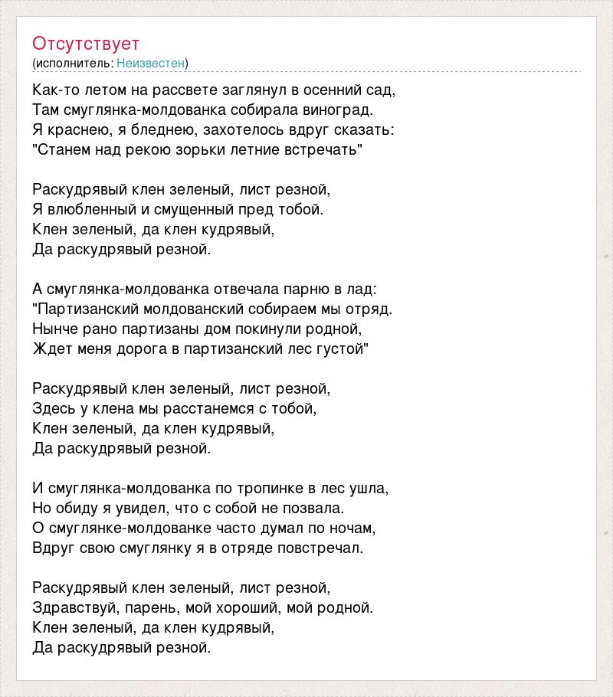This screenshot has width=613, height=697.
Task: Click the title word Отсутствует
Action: pyautogui.click(x=86, y=43)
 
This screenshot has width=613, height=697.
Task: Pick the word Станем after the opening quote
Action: pyautogui.click(x=65, y=149)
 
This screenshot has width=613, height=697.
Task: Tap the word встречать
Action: pyautogui.click(x=322, y=149)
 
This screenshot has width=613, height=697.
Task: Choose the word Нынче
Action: pyautogui.click(x=54, y=329)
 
